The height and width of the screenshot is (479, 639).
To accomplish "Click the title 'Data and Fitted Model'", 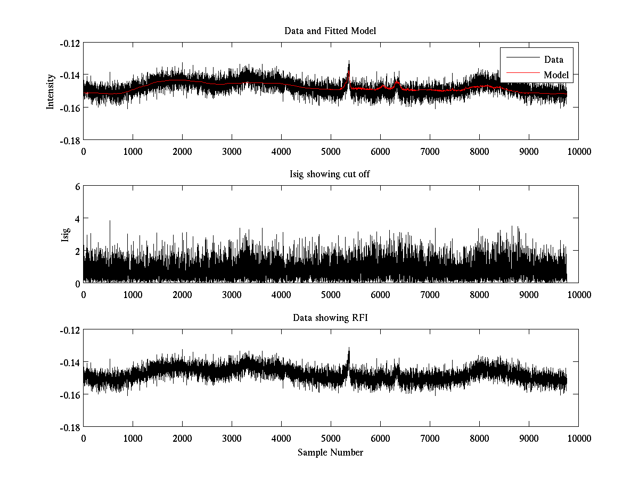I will pos(330,31).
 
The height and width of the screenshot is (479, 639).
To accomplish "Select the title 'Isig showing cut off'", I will pos(330,175).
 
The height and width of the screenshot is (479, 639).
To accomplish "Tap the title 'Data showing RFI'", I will pos(330,318).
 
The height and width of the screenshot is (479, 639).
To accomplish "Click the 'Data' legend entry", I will pos(553,60).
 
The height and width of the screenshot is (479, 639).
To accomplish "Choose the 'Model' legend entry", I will pos(556,75).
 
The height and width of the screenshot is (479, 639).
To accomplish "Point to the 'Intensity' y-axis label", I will pos(51,91).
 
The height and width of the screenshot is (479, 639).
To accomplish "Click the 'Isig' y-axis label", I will pos(65,235).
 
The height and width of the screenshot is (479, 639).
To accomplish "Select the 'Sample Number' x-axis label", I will pos(330,452).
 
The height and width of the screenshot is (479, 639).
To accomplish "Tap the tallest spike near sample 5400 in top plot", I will pos(349,61).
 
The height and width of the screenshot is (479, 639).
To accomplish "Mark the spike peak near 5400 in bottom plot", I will pos(349,348).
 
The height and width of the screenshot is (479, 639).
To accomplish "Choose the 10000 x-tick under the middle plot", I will pos(578,295).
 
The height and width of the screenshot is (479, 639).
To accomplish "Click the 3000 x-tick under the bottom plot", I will pos(232,439).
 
